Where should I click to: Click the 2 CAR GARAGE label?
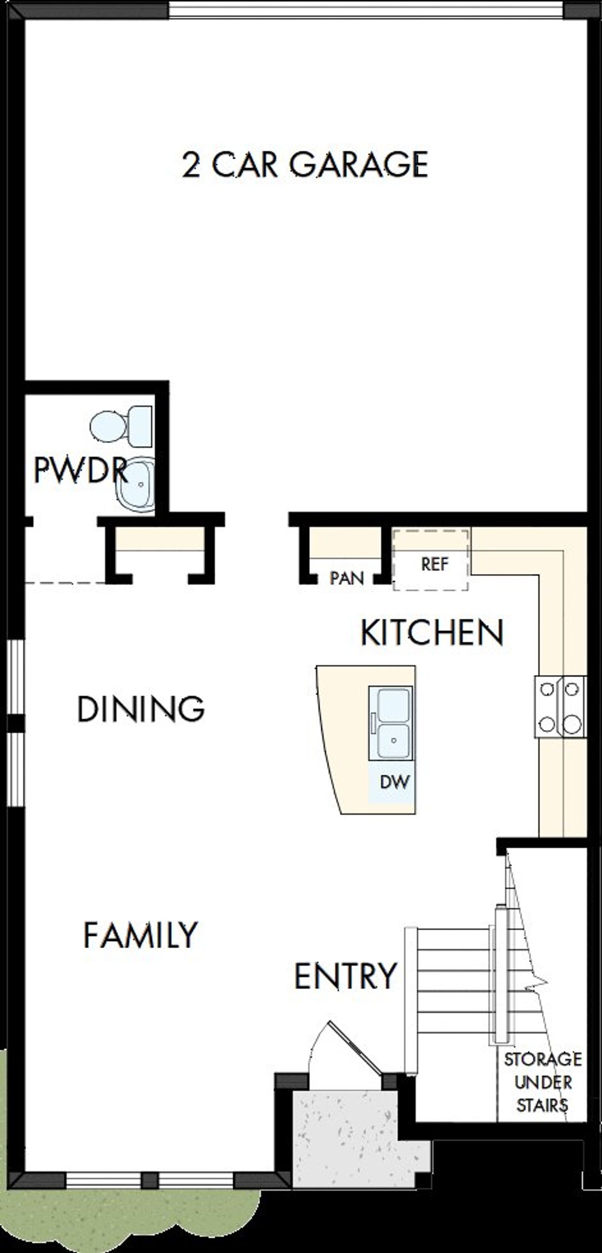point(305,164)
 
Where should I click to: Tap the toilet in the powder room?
point(121,427)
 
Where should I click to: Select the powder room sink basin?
point(136,485)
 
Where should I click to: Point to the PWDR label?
point(80,471)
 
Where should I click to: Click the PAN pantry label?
point(346,578)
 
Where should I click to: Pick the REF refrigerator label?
point(434,564)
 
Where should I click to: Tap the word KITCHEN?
point(432,633)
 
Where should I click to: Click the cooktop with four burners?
point(560,706)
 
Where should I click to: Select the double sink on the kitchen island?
point(390,722)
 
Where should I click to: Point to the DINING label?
point(141,709)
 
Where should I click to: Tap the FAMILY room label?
point(141,934)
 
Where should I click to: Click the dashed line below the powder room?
point(65,582)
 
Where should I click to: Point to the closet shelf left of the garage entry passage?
point(159,540)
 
